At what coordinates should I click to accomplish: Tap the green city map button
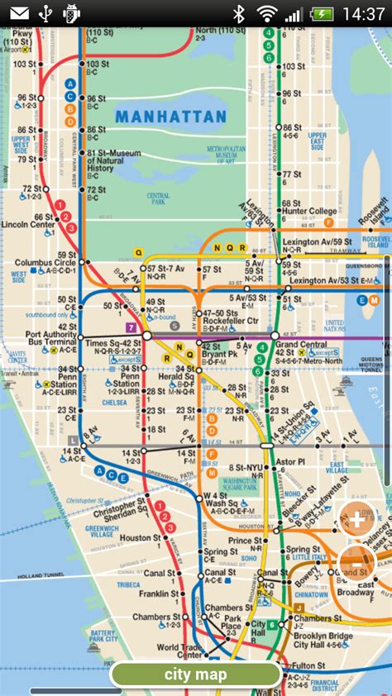pos(196,675)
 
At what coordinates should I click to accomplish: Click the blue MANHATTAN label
pos(170,117)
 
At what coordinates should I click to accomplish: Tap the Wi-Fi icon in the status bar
pos(266,13)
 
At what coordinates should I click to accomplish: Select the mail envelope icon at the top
pos(19,13)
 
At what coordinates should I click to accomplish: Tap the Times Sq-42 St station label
pos(113,342)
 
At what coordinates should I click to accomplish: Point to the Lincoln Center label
pos(28,224)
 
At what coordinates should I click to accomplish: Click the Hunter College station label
pos(310,211)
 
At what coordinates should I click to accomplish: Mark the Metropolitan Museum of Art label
pos(226,155)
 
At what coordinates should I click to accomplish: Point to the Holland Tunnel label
pos(41,552)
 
